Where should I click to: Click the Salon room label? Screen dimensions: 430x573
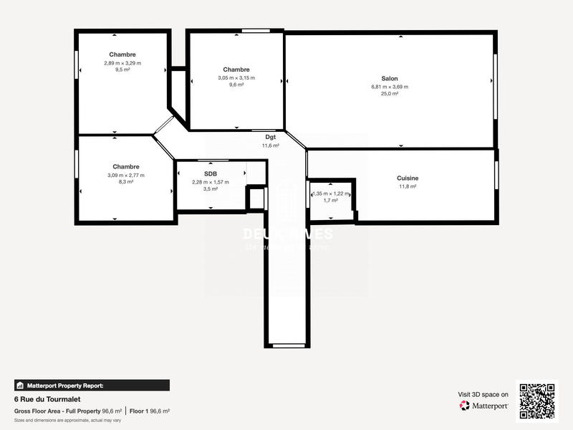coord(390,79)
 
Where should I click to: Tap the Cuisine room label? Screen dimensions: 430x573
coord(408,178)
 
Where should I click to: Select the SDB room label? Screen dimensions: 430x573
coord(210,174)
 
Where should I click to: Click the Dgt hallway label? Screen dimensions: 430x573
coord(270,137)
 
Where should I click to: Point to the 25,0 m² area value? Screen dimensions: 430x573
coord(390,93)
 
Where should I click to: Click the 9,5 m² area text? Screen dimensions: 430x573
coord(122,70)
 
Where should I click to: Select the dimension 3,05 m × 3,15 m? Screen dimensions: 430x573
coord(236,77)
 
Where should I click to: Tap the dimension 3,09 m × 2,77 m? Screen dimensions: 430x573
coord(125,175)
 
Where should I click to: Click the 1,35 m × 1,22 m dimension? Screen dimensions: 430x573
coord(331,193)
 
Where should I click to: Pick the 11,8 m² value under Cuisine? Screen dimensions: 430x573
coord(408,186)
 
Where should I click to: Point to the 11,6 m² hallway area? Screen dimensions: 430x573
coord(270,145)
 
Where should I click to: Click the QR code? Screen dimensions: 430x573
coord(536,401)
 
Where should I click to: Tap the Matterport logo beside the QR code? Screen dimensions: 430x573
coord(484,406)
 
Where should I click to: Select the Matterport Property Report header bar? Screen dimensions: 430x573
coord(92,385)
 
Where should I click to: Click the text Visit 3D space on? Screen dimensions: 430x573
coord(483,394)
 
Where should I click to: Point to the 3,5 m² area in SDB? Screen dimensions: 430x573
coord(210,189)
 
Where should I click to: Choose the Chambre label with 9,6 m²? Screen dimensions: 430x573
coord(236,70)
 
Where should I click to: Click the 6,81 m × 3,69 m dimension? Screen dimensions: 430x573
coord(390,86)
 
